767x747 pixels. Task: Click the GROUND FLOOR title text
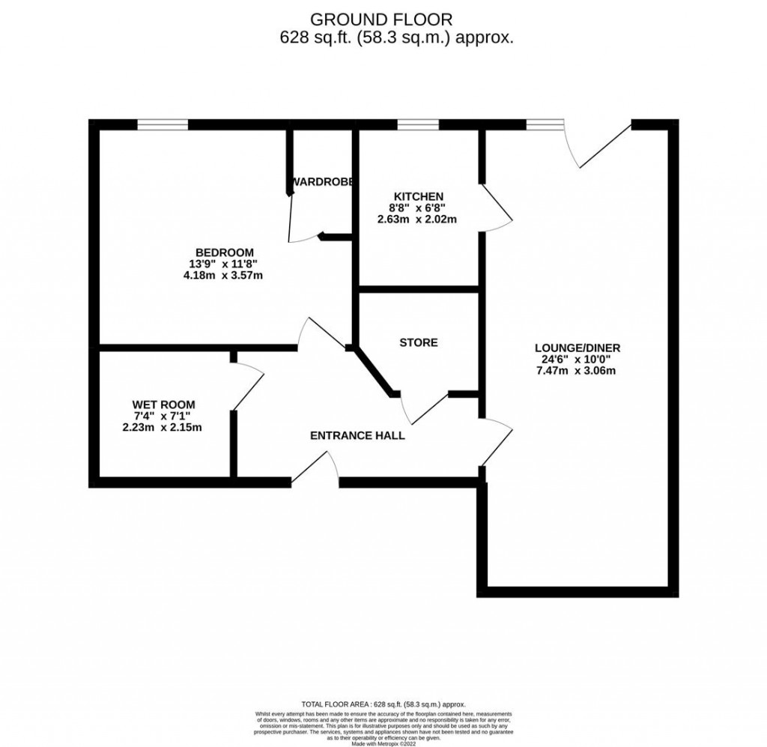tap(383, 19)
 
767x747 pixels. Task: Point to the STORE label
tap(418, 342)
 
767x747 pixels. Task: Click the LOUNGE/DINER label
tap(577, 348)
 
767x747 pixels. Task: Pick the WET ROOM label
tap(162, 404)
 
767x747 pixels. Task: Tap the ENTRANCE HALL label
tap(357, 435)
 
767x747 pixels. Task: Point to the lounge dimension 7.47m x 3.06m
tap(577, 372)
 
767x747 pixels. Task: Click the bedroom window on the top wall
tap(162, 124)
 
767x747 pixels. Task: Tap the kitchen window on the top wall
tap(417, 124)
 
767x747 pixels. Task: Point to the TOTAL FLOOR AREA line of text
tap(383, 704)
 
